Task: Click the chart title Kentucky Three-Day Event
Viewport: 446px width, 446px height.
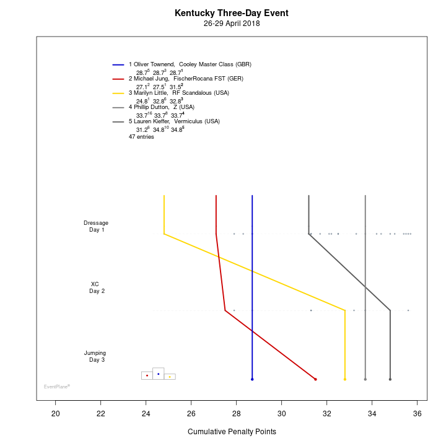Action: pyautogui.click(x=231, y=13)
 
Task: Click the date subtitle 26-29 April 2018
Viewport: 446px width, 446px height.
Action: pyautogui.click(x=231, y=24)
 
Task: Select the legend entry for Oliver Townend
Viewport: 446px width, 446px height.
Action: pyautogui.click(x=190, y=64)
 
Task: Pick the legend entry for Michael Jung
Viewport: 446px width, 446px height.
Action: pyautogui.click(x=186, y=79)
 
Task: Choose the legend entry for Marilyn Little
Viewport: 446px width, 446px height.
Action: pyautogui.click(x=178, y=93)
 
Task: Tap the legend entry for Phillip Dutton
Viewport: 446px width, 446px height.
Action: pyautogui.click(x=161, y=107)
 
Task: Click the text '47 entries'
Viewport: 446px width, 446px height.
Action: pyautogui.click(x=141, y=136)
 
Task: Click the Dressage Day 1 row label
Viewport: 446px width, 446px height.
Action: pyautogui.click(x=96, y=226)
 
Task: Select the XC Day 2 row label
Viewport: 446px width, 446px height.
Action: pyautogui.click(x=96, y=287)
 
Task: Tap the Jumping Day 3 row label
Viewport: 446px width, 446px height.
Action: pyautogui.click(x=95, y=356)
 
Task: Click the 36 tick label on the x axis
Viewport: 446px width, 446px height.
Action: pyautogui.click(x=418, y=414)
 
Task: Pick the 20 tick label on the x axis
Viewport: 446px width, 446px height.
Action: pyautogui.click(x=56, y=414)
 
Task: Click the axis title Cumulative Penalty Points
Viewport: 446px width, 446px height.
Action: pyautogui.click(x=232, y=432)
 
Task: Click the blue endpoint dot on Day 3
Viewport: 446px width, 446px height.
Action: pyautogui.click(x=252, y=379)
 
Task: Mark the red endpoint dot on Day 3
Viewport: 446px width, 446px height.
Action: pyautogui.click(x=315, y=379)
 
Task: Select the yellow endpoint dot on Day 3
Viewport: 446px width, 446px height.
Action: pyautogui.click(x=345, y=379)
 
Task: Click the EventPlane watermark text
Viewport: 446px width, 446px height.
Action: pyautogui.click(x=56, y=387)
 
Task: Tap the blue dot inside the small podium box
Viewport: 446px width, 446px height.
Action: pyautogui.click(x=159, y=374)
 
